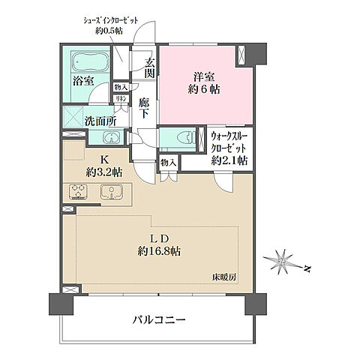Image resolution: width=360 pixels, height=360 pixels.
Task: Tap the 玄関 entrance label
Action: pos(149,68)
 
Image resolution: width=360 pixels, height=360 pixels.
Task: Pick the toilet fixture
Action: pos(174,137)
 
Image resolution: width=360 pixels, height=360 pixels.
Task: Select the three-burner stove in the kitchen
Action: pos(78,192)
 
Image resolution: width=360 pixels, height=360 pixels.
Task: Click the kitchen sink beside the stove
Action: pos(110,192)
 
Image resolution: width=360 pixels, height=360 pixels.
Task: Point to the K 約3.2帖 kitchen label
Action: pos(101,166)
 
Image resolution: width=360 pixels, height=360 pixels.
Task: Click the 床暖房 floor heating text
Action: pos(223,277)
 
